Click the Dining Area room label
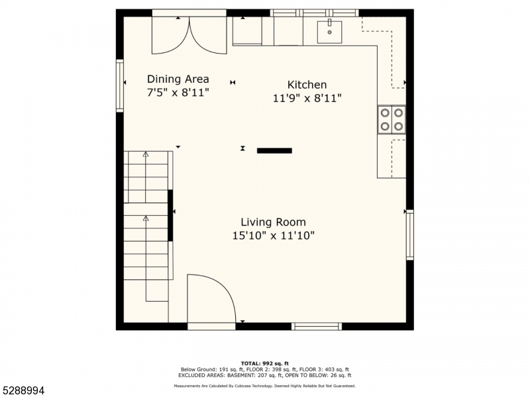coord(178,79)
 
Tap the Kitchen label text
coord(307,85)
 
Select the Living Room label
coord(273,222)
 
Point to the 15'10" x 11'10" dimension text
coord(273,236)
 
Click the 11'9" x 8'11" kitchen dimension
coord(307,98)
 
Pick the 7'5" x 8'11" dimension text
coord(178,92)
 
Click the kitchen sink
coord(329,32)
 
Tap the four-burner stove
coord(392,120)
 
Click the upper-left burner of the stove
coord(385,112)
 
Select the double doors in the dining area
coord(189,35)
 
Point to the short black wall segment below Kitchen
coord(274,151)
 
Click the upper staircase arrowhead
coord(145,154)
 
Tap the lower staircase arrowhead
coord(146,218)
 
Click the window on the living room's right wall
coord(409,235)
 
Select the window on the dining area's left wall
coord(120,86)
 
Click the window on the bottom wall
coord(317,326)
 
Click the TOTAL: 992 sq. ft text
coord(264,363)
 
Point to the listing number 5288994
coord(23,391)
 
